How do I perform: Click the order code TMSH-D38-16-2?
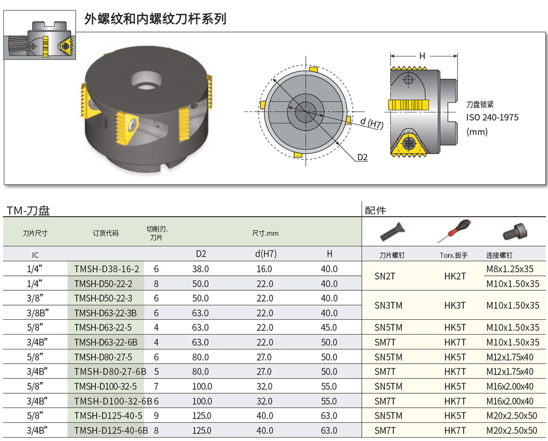[x=106, y=269]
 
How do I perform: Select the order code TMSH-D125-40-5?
[x=108, y=416]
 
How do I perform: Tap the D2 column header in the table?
[x=201, y=254]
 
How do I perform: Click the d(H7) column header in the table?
[x=265, y=254]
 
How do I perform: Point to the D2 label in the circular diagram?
[x=362, y=158]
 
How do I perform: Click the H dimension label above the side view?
[x=422, y=56]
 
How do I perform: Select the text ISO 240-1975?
[x=492, y=117]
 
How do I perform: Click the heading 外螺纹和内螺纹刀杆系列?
[x=155, y=19]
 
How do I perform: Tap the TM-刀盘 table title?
[x=28, y=210]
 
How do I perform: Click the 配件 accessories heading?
[x=375, y=210]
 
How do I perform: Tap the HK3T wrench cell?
[x=455, y=306]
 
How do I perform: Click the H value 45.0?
[x=329, y=327]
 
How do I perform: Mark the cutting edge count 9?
[x=156, y=416]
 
